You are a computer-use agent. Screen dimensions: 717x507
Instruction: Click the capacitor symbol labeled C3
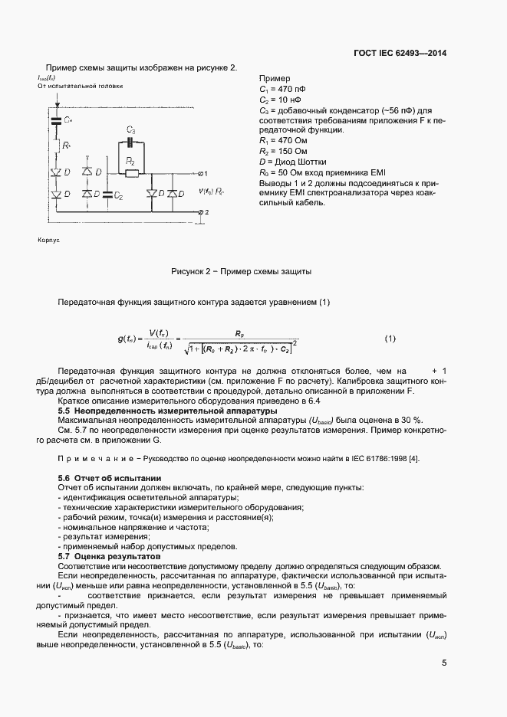(131, 142)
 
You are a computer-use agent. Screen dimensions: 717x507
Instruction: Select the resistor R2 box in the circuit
(131, 173)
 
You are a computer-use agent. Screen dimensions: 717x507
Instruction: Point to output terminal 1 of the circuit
(201, 174)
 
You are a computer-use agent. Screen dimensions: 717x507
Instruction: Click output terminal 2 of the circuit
(201, 211)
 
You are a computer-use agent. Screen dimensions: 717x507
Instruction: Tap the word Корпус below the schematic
(48, 240)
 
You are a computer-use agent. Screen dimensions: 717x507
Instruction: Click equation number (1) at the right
(390, 339)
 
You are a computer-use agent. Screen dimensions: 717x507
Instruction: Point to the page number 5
(444, 663)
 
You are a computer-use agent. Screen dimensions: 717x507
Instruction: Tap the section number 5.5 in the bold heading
(65, 411)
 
